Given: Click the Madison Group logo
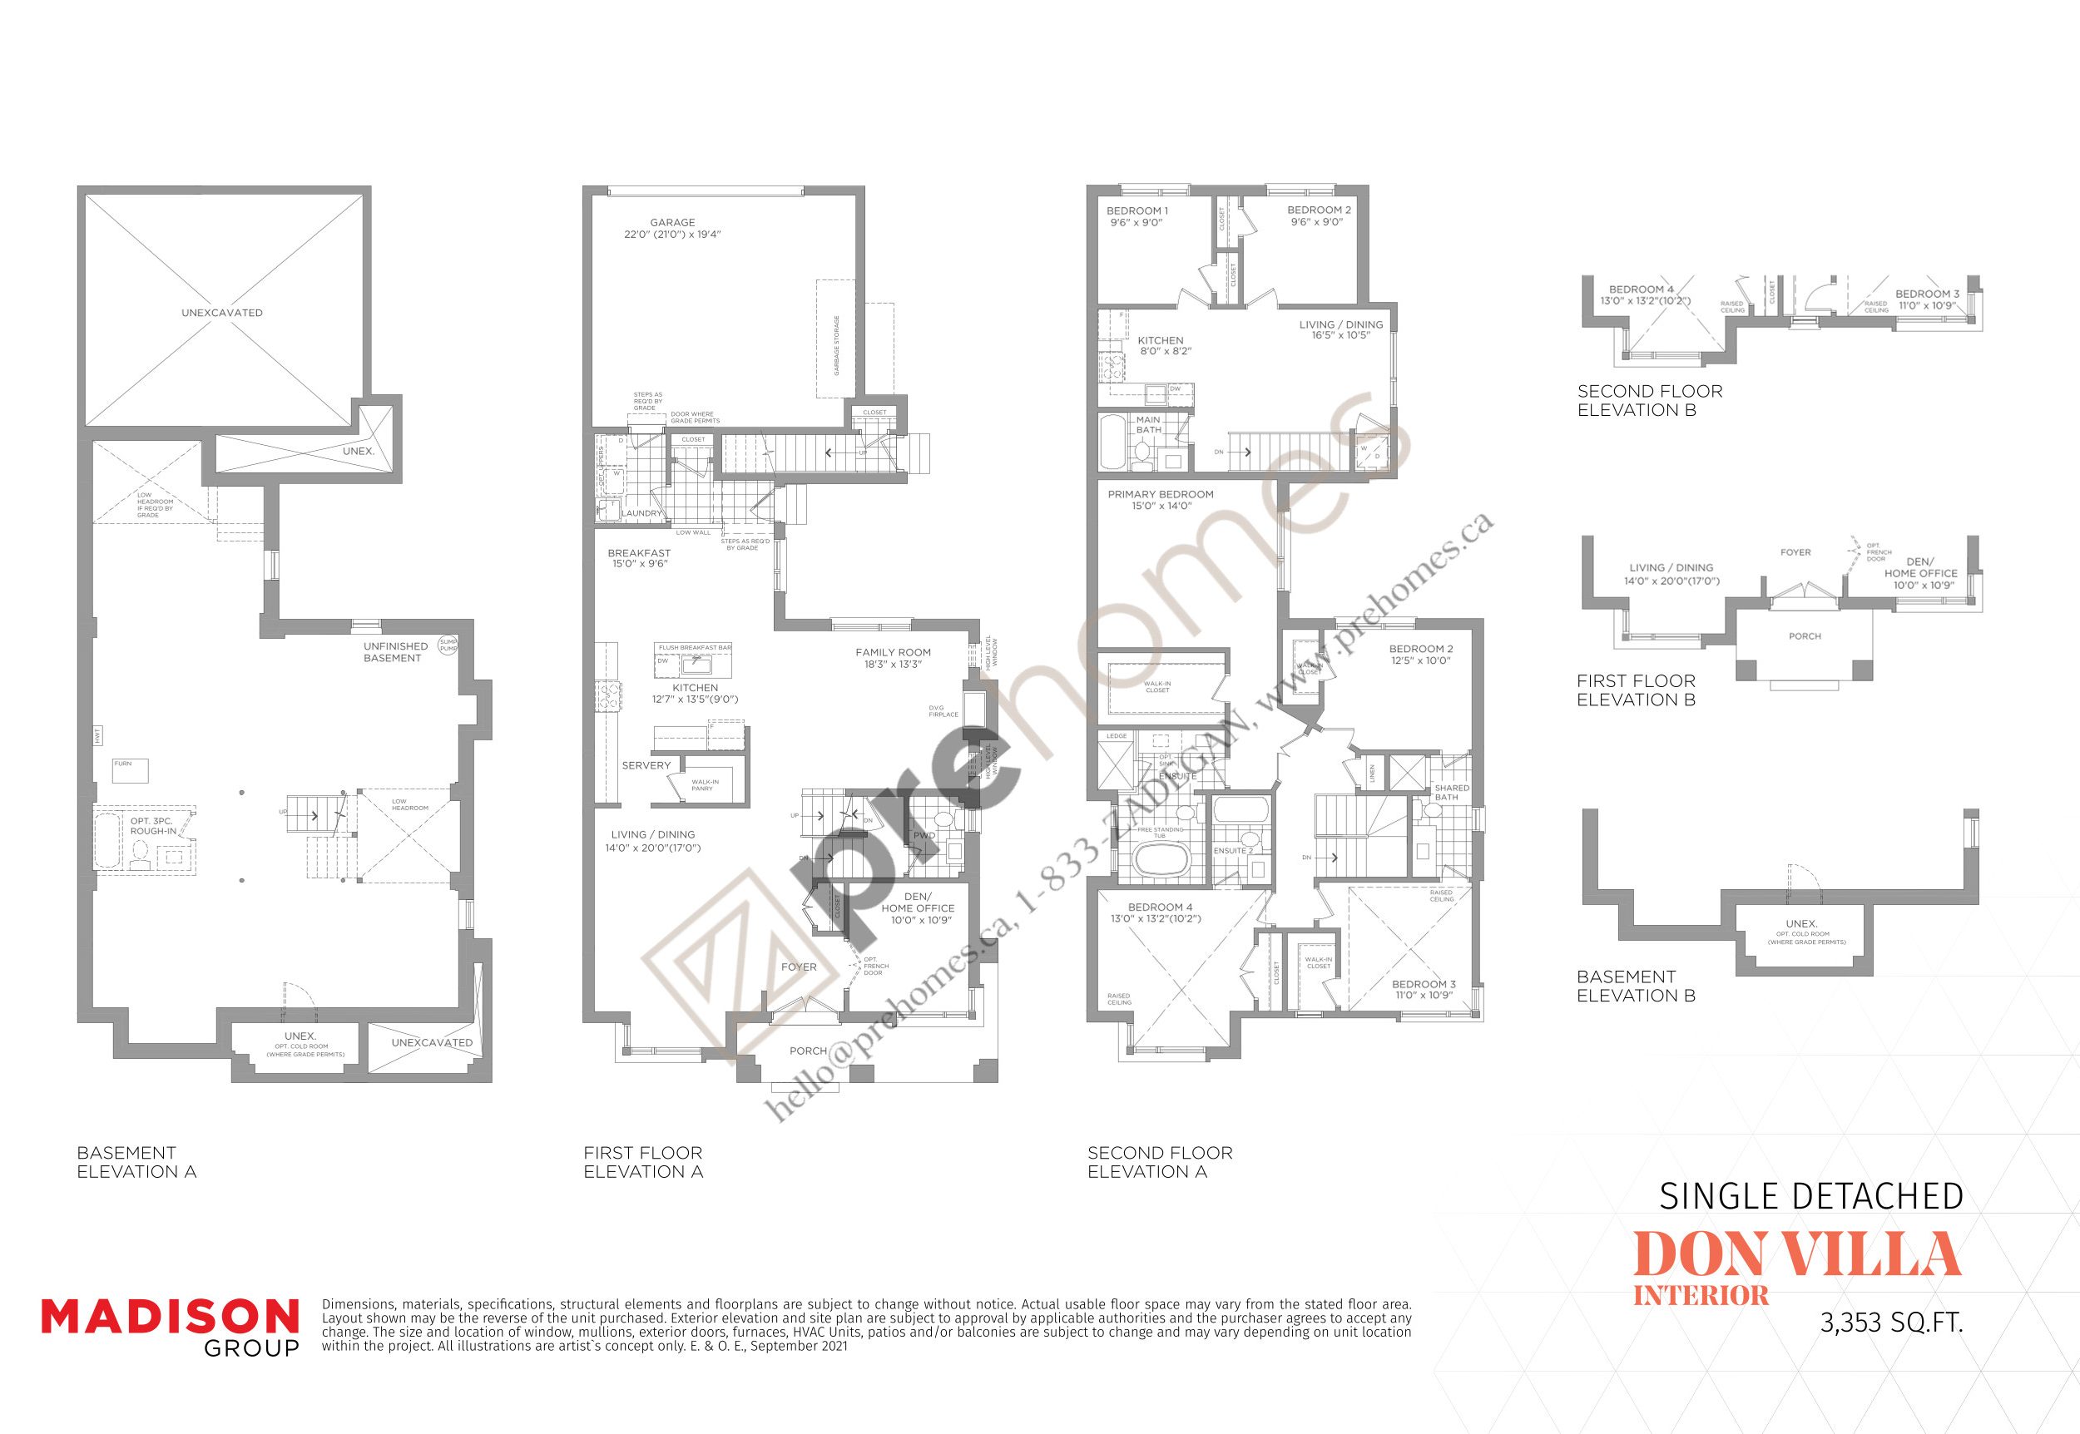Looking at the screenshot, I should pyautogui.click(x=170, y=1326).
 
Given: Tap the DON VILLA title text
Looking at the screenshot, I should pyautogui.click(x=1795, y=1254).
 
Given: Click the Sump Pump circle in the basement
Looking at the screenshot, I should pyautogui.click(x=448, y=645).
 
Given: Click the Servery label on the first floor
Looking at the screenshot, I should pyautogui.click(x=646, y=765).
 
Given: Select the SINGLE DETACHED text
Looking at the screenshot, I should pyautogui.click(x=1810, y=1197).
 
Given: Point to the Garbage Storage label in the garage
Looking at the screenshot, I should pyautogui.click(x=836, y=345).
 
